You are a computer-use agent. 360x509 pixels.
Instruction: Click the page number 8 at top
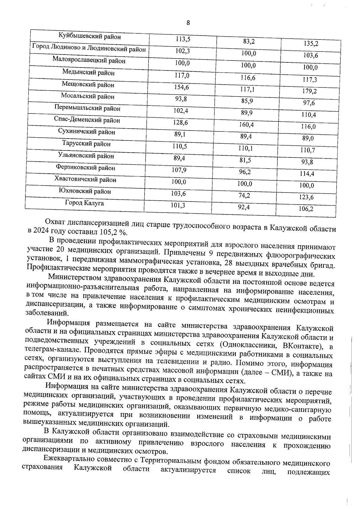[188, 23]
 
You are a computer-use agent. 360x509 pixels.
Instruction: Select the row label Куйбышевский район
[90, 37]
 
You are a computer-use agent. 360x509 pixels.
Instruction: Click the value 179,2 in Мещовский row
[309, 91]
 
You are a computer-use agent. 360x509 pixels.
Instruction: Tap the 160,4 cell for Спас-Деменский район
[246, 124]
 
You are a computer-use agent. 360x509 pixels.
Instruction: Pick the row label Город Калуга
[85, 203]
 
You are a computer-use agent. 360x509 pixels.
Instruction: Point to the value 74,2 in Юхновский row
[244, 196]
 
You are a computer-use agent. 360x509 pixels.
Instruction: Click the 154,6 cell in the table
[182, 87]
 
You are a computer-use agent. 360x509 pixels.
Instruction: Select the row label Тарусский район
[86, 144]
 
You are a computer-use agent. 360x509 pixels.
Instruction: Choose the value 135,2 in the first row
[311, 44]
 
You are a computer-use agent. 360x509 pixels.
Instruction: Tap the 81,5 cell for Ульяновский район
[245, 160]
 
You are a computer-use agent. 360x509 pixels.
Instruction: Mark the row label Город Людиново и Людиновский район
[89, 49]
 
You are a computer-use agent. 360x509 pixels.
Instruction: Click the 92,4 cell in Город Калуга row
[244, 207]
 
